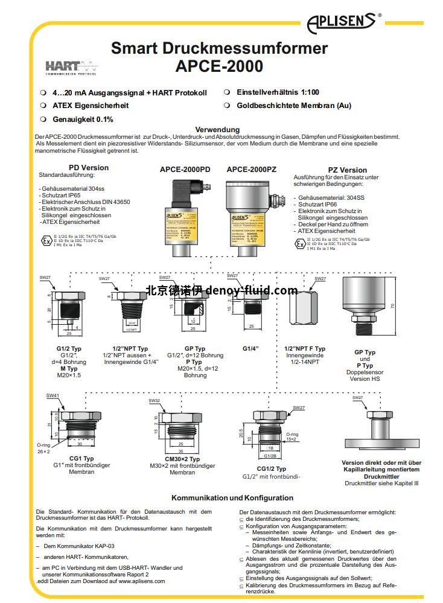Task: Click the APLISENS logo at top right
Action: [348, 23]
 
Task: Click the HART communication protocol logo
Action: [71, 68]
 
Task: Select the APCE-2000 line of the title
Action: [219, 66]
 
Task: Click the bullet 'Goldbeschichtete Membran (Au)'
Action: [293, 106]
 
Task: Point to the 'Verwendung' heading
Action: [217, 130]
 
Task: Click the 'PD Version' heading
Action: [89, 168]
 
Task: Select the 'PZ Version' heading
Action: [347, 170]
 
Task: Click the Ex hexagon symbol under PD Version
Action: [45, 240]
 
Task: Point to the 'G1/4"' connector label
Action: [250, 348]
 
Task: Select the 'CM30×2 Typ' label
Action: [182, 459]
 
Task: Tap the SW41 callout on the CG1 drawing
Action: [53, 396]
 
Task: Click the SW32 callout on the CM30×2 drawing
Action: [154, 400]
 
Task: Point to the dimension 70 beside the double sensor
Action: [392, 307]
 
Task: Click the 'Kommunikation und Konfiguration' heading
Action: [232, 498]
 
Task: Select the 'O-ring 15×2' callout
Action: [292, 436]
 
